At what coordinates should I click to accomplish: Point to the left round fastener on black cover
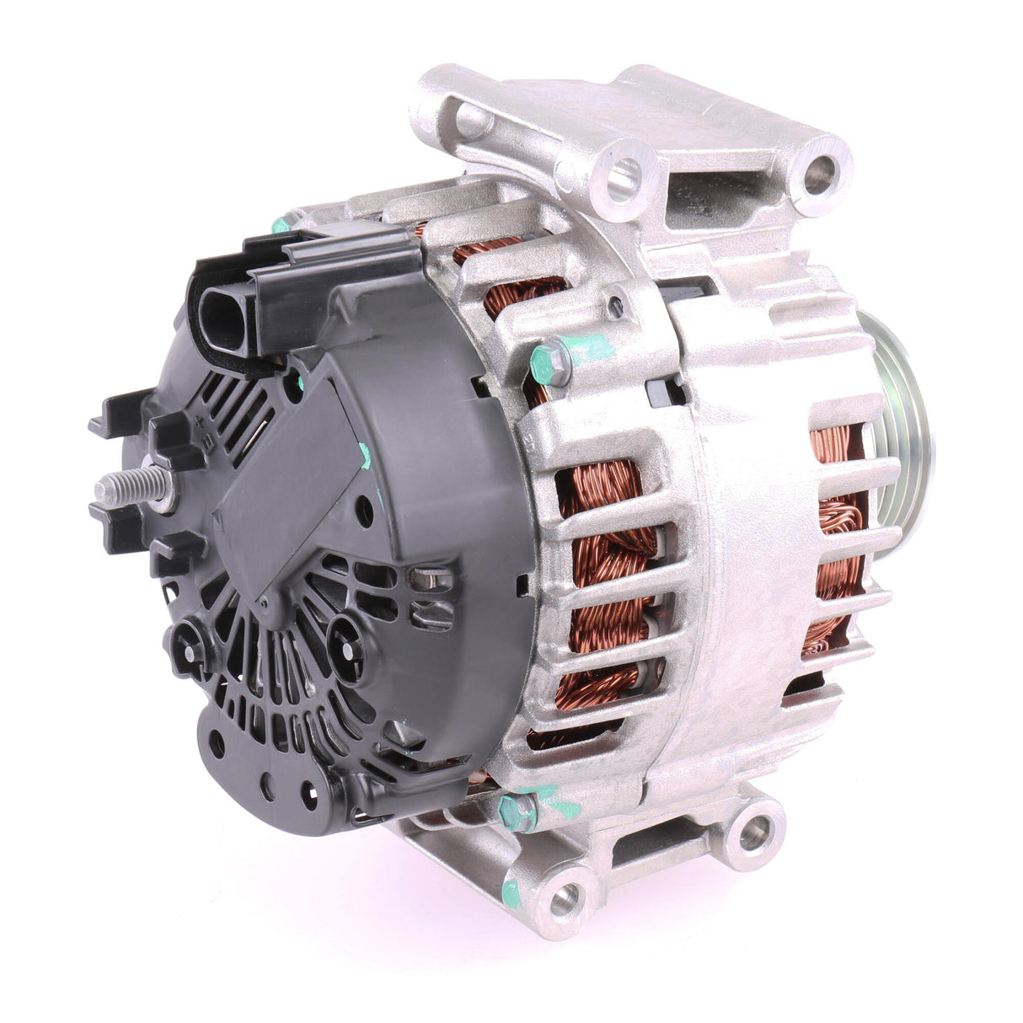187,645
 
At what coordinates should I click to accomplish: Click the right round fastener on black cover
345,633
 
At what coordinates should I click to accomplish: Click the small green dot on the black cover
364,455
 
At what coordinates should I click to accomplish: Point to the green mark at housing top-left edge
281,225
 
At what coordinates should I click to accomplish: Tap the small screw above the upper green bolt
620,303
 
